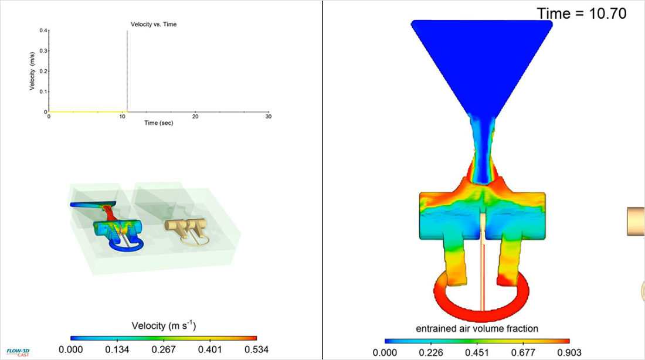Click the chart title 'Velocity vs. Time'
click(154, 24)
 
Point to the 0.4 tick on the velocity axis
click(43, 30)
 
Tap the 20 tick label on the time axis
click(195, 117)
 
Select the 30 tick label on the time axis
click(269, 117)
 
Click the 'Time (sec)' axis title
click(159, 123)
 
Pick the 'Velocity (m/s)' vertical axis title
click(32, 71)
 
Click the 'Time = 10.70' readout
click(582, 13)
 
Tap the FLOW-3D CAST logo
click(18, 352)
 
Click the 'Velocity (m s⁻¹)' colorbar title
click(164, 326)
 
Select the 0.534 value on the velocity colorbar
click(256, 349)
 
